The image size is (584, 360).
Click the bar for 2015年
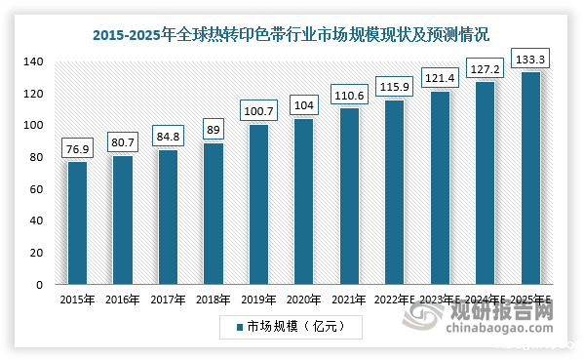[77, 222]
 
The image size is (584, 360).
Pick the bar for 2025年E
[530, 178]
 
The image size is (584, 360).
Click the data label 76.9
[78, 148]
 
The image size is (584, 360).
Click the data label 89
[214, 127]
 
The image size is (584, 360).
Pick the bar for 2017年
[168, 217]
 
